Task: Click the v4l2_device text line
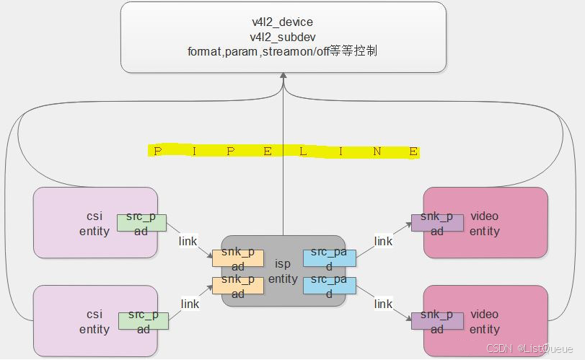(x=282, y=22)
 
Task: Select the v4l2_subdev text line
(x=282, y=37)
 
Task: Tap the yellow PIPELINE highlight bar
(x=283, y=152)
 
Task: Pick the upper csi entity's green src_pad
(x=142, y=224)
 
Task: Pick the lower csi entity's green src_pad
(x=142, y=322)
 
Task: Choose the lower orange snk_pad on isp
(x=238, y=286)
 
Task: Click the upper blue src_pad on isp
(x=329, y=258)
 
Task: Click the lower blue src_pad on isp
(x=329, y=286)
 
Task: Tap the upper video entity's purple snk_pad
(x=437, y=223)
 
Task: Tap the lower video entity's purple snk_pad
(x=437, y=322)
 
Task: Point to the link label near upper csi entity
(x=188, y=241)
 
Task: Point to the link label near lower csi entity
(x=190, y=304)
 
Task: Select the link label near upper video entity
(x=384, y=241)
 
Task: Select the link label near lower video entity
(x=383, y=304)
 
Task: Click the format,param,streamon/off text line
(x=282, y=51)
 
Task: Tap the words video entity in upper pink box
(x=484, y=223)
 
